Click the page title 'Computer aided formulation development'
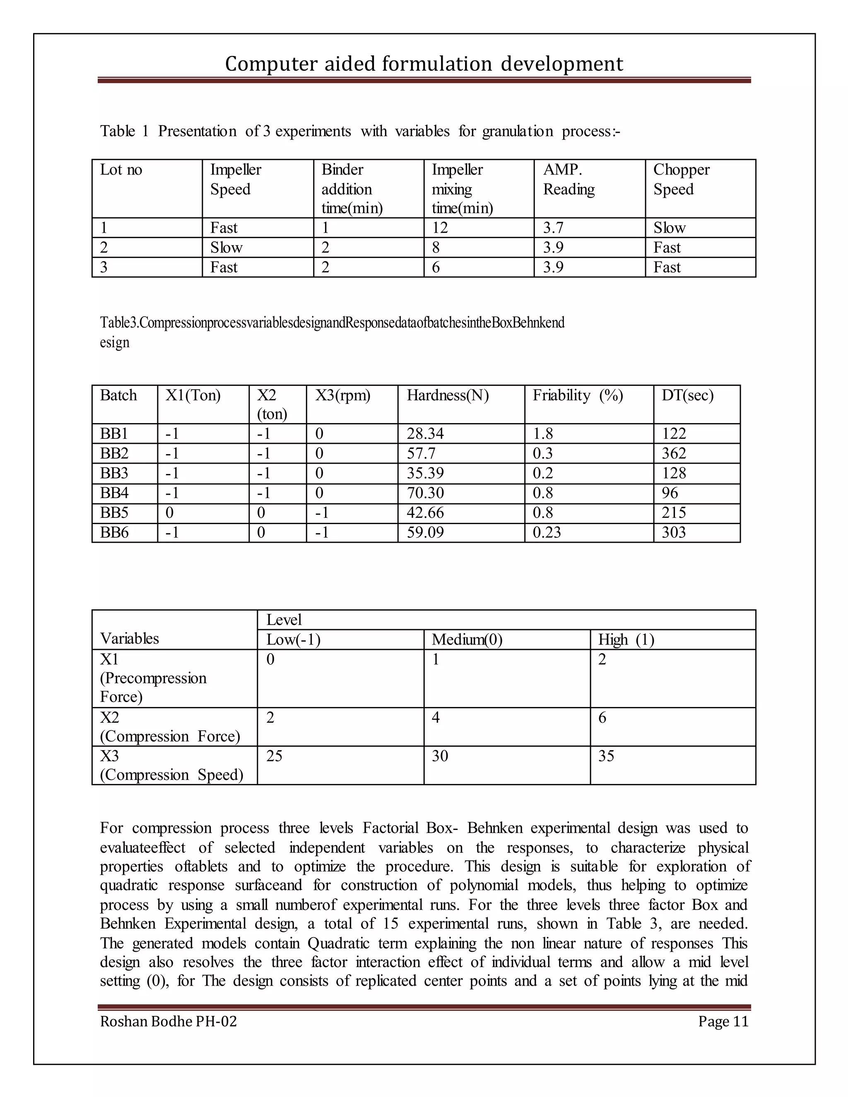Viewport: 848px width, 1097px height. coord(424,64)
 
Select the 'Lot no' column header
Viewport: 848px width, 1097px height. coord(121,170)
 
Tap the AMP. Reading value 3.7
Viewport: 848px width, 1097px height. coord(553,228)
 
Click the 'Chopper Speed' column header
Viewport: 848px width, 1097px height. coord(681,179)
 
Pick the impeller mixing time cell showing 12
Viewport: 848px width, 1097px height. coord(440,228)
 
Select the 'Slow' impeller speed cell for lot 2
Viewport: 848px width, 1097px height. coord(226,248)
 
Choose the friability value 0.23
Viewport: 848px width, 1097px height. coord(547,532)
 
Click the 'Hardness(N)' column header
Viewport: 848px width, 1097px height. coord(448,396)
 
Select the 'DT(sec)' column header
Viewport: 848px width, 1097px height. coord(687,396)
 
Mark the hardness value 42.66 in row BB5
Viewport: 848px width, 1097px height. coord(425,513)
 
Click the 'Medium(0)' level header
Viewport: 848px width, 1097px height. coord(467,640)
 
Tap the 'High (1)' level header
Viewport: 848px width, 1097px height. coord(626,640)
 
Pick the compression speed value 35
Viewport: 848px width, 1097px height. coord(606,756)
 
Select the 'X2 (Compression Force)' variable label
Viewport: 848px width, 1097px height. coord(169,727)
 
